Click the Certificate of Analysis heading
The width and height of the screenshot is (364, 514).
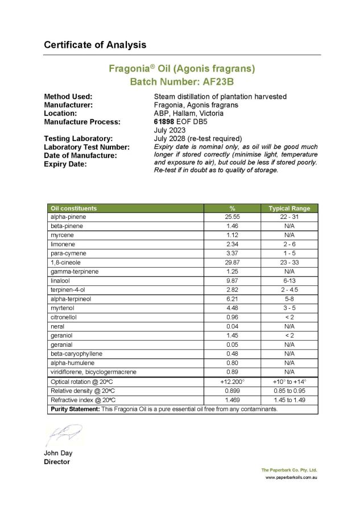(x=95, y=44)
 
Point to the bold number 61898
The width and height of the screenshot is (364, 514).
(x=164, y=121)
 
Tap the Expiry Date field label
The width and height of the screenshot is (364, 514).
(x=65, y=164)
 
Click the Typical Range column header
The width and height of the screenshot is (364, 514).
(x=289, y=208)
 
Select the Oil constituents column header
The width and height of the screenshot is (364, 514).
(x=74, y=208)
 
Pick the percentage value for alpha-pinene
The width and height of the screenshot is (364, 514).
(x=232, y=217)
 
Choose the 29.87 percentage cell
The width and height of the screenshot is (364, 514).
(x=232, y=263)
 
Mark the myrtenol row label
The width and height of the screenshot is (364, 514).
(x=61, y=308)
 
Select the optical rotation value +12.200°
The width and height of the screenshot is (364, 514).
(x=232, y=382)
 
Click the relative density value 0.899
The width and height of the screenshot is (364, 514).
(x=232, y=391)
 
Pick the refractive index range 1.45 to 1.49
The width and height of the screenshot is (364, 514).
(x=289, y=400)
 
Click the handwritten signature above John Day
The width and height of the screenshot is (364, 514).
(x=64, y=434)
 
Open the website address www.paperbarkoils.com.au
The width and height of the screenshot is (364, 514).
(x=291, y=477)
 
